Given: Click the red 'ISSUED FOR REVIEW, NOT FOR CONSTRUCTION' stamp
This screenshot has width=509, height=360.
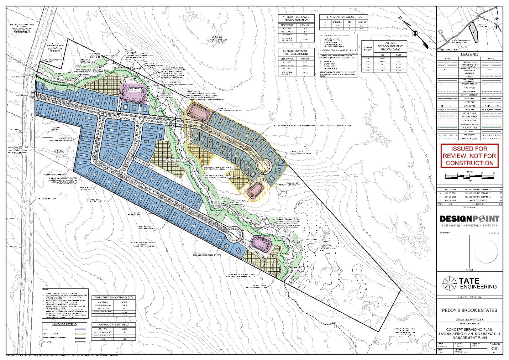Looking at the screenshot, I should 469,156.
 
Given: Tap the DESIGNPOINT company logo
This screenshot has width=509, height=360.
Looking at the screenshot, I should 469,219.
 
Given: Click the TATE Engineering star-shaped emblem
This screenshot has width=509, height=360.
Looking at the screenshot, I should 449,283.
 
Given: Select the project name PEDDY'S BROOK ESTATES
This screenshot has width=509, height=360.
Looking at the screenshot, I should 469,310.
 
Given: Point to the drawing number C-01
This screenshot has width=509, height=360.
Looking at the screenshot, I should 495,349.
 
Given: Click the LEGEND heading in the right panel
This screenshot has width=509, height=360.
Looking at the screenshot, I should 469,54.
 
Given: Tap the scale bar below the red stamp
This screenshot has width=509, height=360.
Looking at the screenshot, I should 469,176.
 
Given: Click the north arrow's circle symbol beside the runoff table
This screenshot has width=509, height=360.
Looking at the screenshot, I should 415,33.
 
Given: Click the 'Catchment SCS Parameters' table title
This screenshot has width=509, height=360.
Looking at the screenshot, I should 343,17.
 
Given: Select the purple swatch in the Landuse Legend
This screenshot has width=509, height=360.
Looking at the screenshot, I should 82,337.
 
